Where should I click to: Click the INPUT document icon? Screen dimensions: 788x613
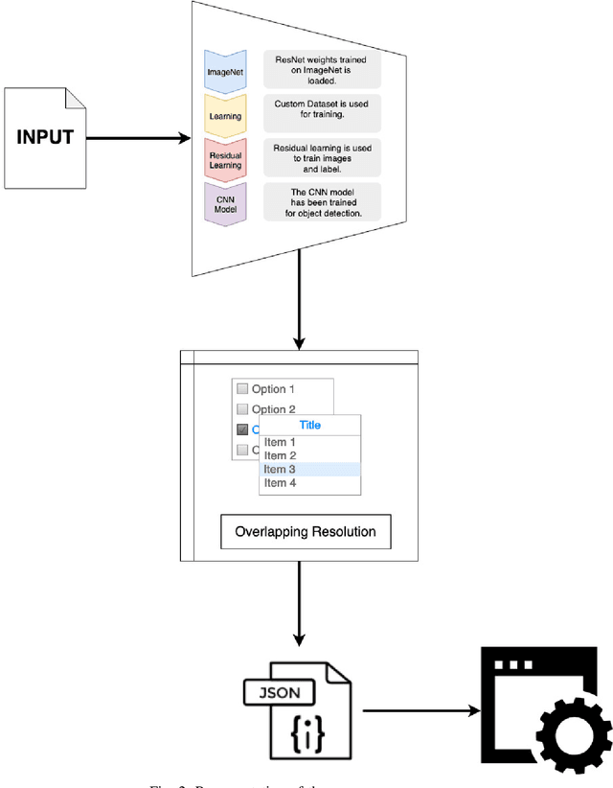[45, 137]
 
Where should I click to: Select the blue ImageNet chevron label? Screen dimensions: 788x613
[226, 71]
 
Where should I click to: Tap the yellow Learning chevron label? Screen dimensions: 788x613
[226, 115]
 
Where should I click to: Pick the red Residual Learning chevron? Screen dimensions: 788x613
[226, 158]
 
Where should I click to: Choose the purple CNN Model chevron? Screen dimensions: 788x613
[226, 202]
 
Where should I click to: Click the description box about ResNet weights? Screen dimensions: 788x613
[322, 71]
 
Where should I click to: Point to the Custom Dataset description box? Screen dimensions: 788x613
[322, 113]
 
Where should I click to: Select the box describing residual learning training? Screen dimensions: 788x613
[322, 157]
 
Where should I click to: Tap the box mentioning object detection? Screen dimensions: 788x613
[322, 201]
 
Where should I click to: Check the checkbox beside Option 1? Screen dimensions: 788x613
[242, 389]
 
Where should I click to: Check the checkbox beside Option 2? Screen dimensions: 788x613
[242, 409]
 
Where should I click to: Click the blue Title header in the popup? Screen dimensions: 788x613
[310, 425]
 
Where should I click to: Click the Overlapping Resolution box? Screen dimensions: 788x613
[306, 531]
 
